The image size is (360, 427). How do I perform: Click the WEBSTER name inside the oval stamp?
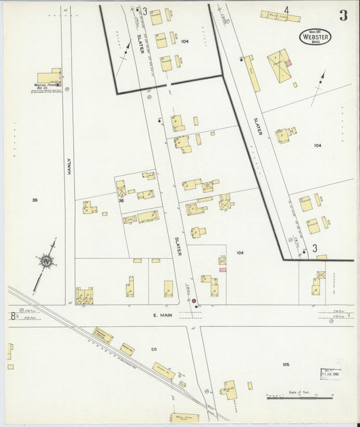coord(315,37)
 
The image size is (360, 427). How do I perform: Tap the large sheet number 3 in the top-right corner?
coord(343,16)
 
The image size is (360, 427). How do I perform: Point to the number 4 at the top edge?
coord(286,10)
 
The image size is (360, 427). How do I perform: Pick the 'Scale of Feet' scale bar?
coord(301,397)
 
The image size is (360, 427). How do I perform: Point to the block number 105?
coord(286,364)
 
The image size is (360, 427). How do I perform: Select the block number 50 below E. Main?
coord(153,349)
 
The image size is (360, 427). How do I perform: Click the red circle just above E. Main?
coord(195,301)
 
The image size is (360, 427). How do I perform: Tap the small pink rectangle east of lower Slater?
coord(222,270)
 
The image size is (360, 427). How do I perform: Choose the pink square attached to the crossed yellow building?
coord(288,63)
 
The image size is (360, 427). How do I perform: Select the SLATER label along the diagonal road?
coord(257,126)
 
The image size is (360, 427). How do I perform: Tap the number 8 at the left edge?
coord(12,315)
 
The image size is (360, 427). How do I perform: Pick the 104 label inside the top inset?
coord(185,41)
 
